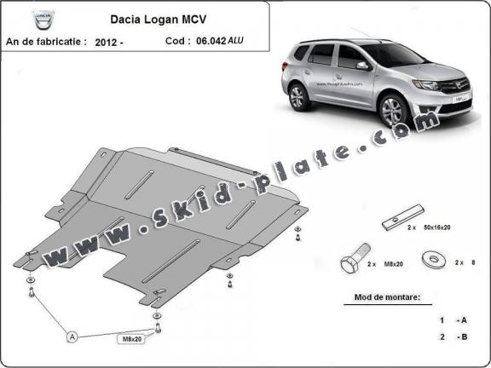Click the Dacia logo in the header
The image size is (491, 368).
(x=26, y=19)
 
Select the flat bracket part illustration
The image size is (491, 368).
(x=401, y=219)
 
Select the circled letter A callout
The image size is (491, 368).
(x=72, y=336)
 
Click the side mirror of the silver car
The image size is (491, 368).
(x=363, y=65)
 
